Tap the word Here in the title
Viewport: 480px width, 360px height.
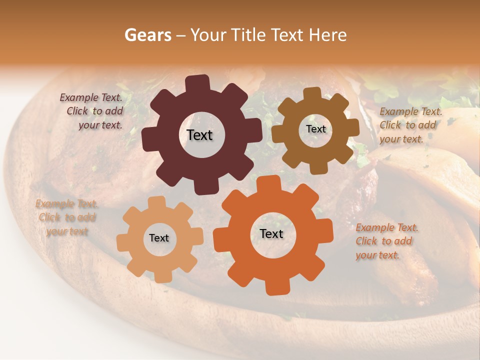coord(328,35)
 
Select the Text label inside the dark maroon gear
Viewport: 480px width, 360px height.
coord(199,135)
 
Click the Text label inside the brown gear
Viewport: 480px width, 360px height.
coord(315,129)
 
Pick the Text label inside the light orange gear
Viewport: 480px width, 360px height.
coord(159,238)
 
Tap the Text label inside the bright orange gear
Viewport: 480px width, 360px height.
coord(271,233)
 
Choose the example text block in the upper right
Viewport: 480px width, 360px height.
coord(410,125)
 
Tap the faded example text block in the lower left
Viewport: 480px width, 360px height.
coord(66,217)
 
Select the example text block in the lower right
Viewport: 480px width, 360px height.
coord(386,241)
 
